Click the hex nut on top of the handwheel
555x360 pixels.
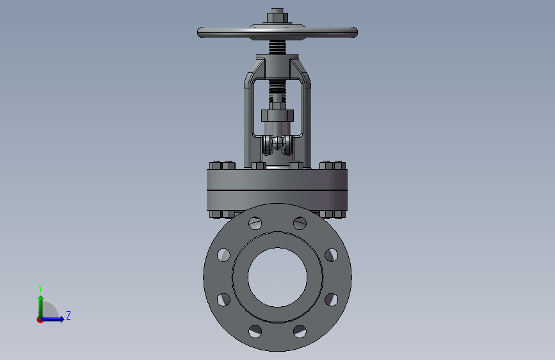(277, 17)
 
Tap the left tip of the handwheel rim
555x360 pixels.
(198, 33)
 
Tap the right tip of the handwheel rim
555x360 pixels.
(357, 33)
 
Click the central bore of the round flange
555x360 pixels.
(278, 277)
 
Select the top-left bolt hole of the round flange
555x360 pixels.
(255, 223)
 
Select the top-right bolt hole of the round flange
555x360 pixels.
(300, 223)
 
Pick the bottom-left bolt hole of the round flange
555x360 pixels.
(255, 331)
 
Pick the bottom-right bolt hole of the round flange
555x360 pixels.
(300, 331)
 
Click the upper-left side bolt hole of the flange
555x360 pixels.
(223, 255)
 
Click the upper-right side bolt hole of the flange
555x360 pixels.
(332, 255)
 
